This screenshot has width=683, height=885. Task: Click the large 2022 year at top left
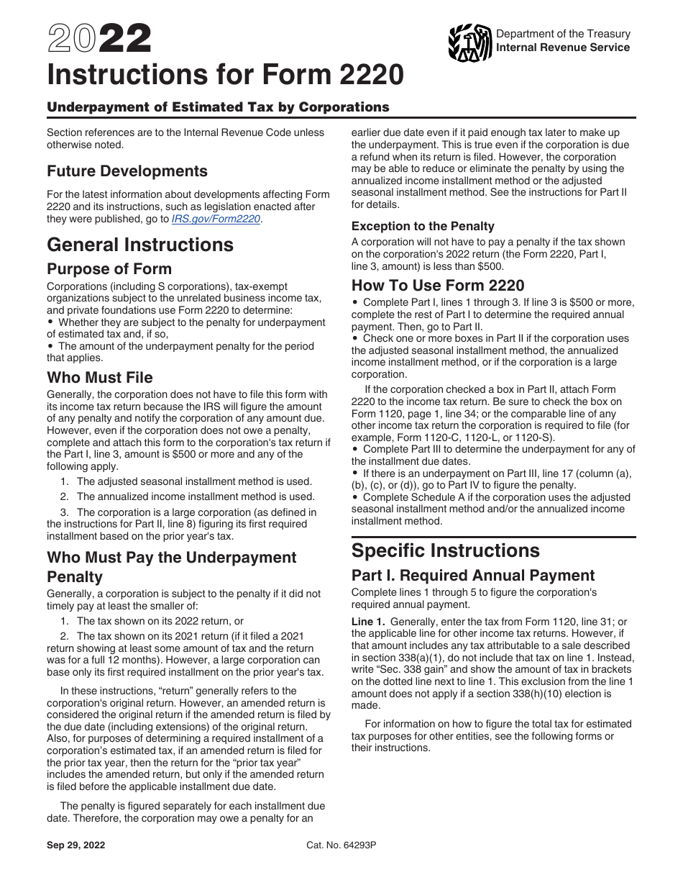coord(99,39)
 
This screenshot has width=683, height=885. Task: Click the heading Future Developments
coord(127,171)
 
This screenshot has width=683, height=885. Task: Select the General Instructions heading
coord(140,245)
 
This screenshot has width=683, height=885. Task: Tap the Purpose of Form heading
coord(109,269)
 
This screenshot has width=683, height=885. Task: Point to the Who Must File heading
coord(100,377)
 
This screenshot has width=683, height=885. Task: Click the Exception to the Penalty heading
coord(423,226)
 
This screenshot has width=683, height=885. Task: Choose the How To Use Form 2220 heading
coord(438,285)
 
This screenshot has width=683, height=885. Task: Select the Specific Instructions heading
coord(445,550)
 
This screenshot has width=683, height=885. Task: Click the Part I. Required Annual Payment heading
coord(473,576)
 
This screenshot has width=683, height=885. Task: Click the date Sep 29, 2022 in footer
coord(76,845)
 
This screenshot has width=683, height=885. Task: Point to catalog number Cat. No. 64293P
coord(341,845)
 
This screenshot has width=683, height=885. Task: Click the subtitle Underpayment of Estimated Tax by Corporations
coord(218,107)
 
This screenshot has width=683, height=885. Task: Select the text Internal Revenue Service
coord(563,47)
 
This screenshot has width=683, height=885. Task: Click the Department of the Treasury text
coord(563,34)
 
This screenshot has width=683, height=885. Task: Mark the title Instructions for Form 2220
coord(225,74)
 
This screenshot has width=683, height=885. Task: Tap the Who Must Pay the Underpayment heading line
coord(171,558)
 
